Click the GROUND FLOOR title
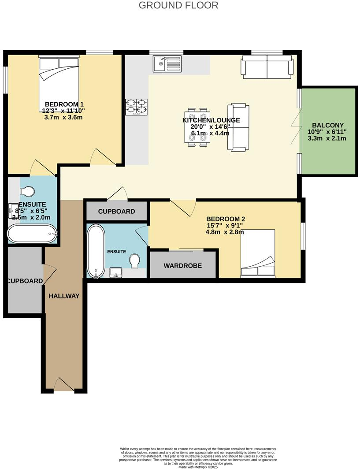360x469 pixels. (x=178, y=5)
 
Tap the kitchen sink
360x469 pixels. (x=167, y=64)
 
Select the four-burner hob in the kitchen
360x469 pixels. (x=136, y=106)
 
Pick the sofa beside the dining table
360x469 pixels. (x=238, y=127)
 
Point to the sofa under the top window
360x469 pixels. (x=267, y=66)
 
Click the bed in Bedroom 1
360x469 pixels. (x=59, y=84)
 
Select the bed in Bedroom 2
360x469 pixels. (x=258, y=254)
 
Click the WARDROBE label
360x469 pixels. (x=183, y=266)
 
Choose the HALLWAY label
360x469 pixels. (x=64, y=296)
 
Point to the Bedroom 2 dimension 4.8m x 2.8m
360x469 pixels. (x=225, y=232)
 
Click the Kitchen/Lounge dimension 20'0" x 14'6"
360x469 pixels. (x=207, y=127)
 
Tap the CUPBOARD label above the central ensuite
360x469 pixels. (x=116, y=212)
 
